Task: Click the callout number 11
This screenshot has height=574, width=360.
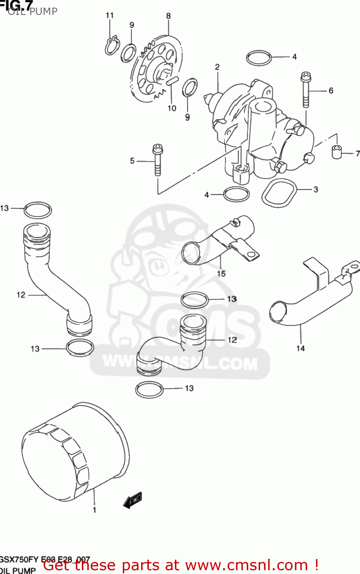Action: [110, 15]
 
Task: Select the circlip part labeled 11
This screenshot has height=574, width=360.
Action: [112, 46]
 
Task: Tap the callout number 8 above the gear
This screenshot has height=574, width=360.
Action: [168, 16]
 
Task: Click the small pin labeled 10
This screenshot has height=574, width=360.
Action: [172, 80]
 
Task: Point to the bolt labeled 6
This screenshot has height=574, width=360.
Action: [306, 90]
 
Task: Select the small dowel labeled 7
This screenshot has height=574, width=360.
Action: [336, 152]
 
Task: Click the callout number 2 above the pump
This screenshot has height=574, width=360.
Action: [217, 67]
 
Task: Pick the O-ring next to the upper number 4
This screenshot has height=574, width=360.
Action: [259, 58]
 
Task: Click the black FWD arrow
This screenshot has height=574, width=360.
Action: [133, 500]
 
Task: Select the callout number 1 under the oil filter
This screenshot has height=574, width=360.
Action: [94, 510]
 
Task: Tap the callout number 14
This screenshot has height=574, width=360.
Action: [300, 348]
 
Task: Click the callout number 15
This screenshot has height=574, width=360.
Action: [221, 274]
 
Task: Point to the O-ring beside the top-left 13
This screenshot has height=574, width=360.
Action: [37, 210]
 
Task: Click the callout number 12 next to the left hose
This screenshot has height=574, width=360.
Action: [21, 295]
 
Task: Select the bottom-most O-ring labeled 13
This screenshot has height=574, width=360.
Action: [149, 390]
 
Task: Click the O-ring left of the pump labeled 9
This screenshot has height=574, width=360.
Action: [128, 53]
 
